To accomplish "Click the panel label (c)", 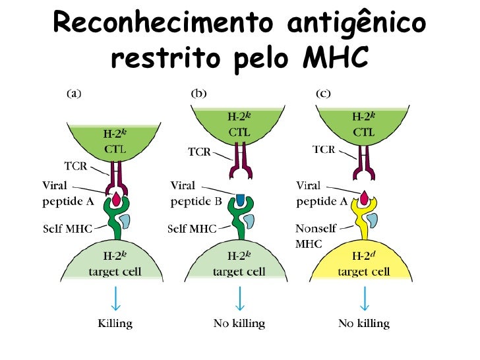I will [323, 94].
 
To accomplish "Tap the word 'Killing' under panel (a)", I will [115, 323].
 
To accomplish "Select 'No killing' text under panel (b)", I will [239, 323].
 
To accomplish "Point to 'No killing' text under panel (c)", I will [364, 323].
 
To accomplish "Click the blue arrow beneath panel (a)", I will [116, 298].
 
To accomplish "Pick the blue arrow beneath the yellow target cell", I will [364, 298].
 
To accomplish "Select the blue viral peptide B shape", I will [240, 198].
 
